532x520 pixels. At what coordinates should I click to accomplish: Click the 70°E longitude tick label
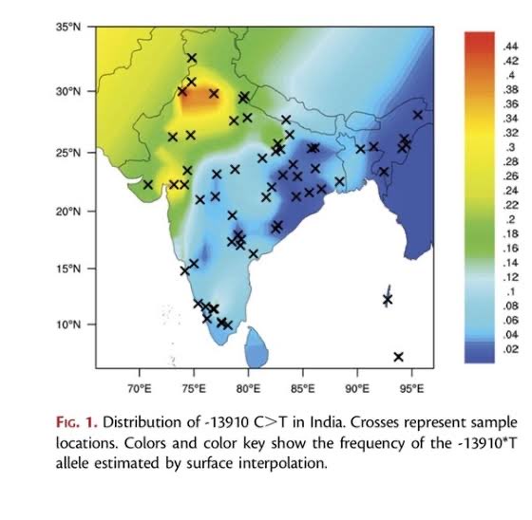139,389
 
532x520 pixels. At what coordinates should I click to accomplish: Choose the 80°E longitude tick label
248,389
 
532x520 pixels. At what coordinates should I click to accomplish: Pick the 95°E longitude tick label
411,389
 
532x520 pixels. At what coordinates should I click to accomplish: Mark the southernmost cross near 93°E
398,357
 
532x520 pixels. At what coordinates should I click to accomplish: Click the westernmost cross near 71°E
148,184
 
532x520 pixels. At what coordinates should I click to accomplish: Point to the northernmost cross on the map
192,58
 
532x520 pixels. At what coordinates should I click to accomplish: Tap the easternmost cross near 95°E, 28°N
417,115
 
